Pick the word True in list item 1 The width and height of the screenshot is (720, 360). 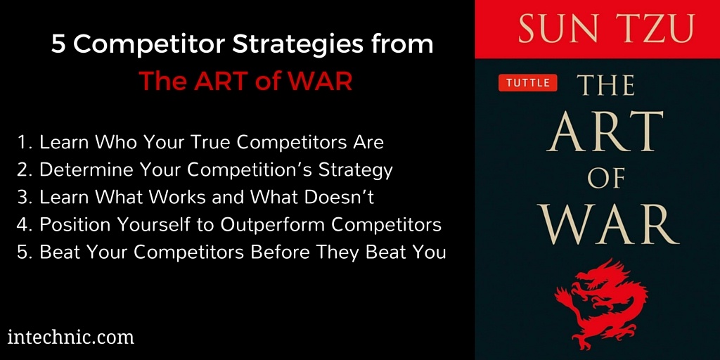point(209,142)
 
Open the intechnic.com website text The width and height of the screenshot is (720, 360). point(70,337)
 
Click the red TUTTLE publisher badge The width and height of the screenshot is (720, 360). point(527,83)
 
